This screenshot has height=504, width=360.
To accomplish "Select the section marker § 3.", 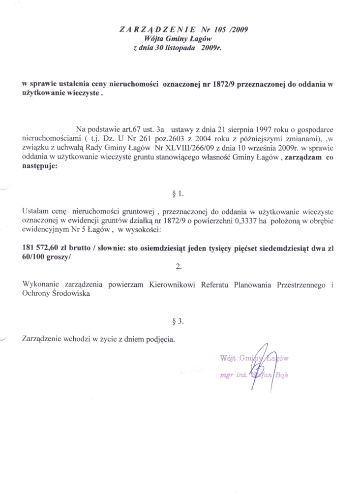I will (x=179, y=321).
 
